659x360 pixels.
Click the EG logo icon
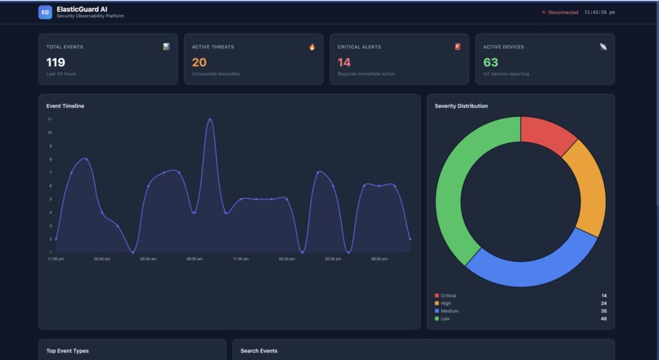click(45, 12)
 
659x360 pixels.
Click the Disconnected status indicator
click(561, 12)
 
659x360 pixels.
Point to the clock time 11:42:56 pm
click(599, 12)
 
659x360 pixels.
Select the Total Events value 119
click(56, 62)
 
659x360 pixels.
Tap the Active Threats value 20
click(199, 62)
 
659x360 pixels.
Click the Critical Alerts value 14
click(344, 62)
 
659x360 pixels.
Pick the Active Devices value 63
click(491, 62)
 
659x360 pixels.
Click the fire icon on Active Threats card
click(312, 47)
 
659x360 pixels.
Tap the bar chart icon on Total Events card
click(166, 47)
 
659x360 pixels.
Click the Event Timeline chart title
click(65, 106)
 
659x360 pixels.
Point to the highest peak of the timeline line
click(210, 119)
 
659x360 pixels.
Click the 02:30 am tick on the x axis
click(102, 259)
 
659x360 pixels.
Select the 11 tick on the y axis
click(50, 119)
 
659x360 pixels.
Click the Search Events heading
click(258, 351)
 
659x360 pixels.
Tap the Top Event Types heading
click(67, 351)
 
